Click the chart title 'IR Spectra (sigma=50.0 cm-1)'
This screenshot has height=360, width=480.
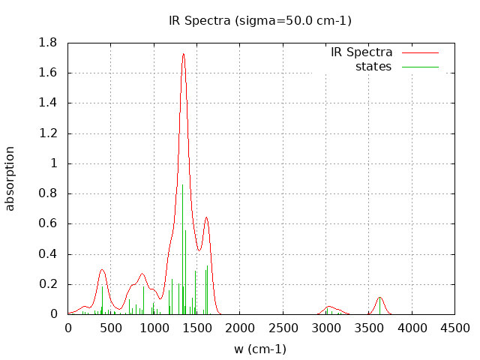(x=259, y=20)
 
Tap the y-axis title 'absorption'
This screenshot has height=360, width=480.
(x=10, y=178)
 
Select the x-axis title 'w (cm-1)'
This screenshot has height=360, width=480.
(x=260, y=349)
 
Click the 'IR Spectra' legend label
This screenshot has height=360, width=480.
(x=361, y=52)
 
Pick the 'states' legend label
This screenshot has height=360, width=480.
(x=373, y=67)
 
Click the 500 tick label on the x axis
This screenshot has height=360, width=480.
(x=111, y=328)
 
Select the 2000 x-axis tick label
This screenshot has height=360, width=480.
(x=240, y=328)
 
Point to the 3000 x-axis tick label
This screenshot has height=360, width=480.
(x=325, y=328)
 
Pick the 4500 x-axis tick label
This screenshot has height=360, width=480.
(x=454, y=328)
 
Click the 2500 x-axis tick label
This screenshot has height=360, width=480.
(x=283, y=328)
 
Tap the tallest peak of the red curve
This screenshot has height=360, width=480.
(x=183, y=54)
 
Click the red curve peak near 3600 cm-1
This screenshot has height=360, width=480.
(x=380, y=298)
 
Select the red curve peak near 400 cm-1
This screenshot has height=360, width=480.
(x=102, y=269)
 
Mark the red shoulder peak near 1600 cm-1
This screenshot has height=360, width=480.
(x=206, y=217)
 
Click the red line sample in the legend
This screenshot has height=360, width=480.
(x=420, y=53)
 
